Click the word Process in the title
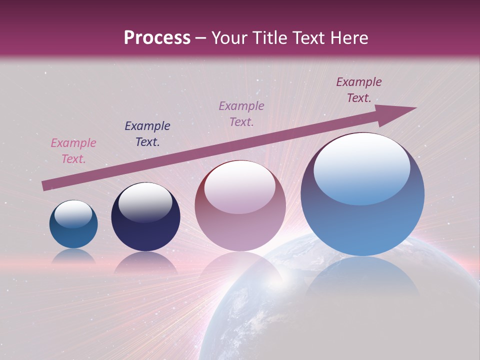157,38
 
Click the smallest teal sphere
73,225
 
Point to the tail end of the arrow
45,185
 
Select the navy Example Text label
147,134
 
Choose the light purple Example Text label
241,114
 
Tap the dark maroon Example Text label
359,90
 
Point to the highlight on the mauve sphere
240,186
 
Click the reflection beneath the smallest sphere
73,256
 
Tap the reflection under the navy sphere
145,262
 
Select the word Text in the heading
308,38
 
